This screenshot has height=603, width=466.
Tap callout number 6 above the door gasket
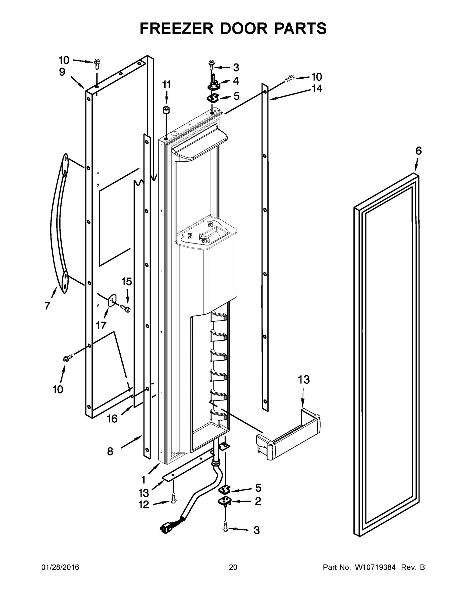(x=419, y=151)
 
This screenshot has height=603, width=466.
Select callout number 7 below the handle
(x=47, y=306)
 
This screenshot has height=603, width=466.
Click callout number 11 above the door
(x=167, y=85)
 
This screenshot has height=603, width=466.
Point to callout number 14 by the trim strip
(x=317, y=89)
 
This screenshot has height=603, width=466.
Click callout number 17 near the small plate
(x=101, y=326)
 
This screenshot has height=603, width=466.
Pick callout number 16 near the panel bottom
(x=112, y=419)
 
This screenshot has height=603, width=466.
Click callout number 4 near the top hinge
(x=236, y=81)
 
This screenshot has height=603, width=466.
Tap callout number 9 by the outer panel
(x=62, y=72)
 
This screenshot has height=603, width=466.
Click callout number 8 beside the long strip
(x=110, y=452)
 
